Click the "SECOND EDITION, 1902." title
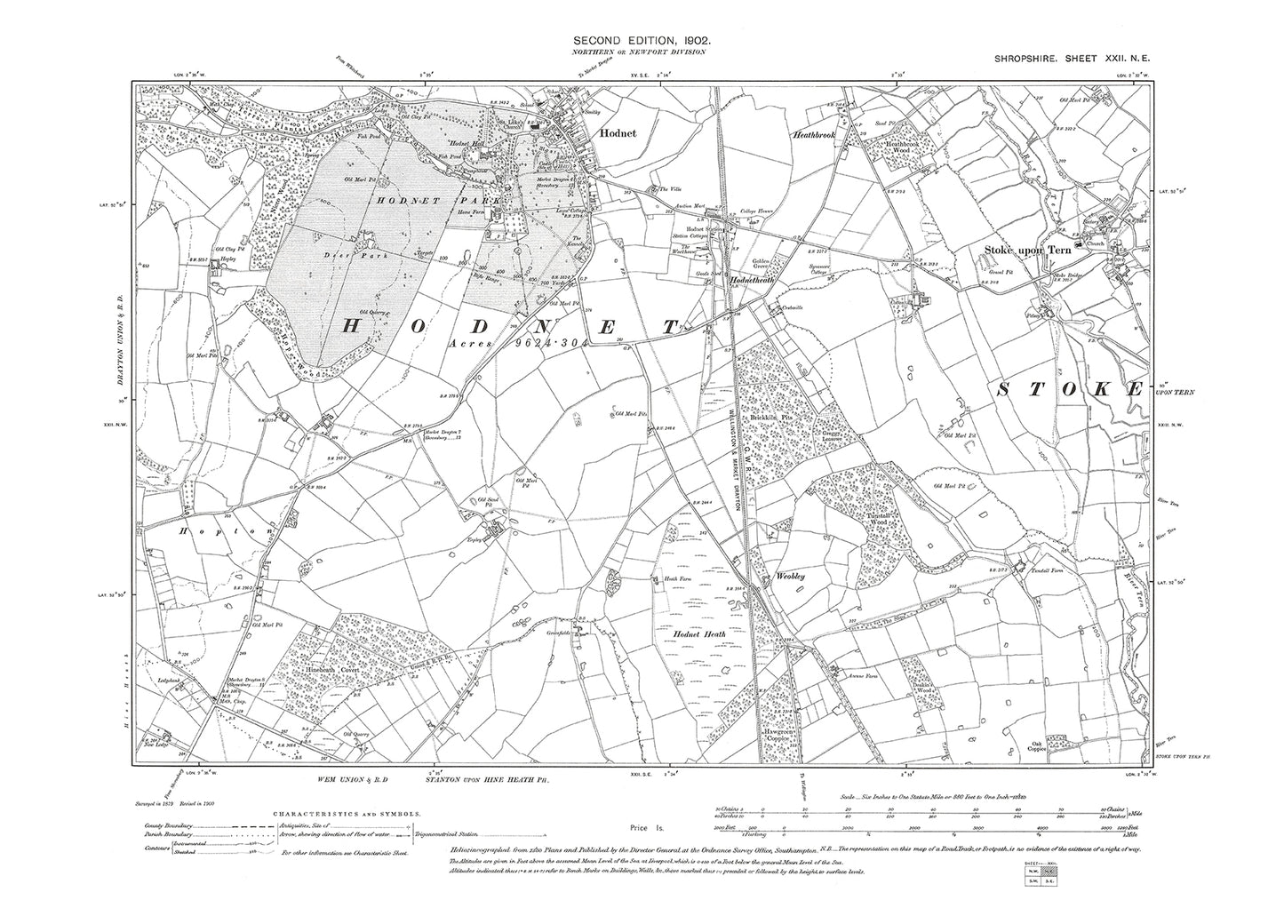tap(639, 41)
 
